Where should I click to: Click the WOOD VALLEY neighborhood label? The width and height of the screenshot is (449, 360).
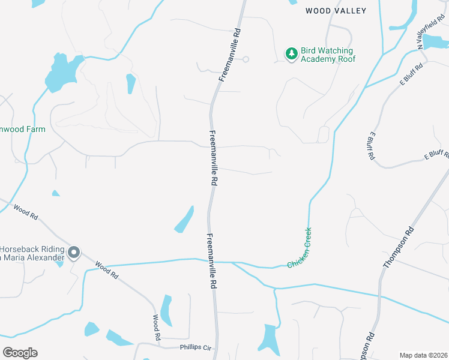(x=336, y=11)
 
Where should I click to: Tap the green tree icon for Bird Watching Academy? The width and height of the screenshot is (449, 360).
(x=291, y=55)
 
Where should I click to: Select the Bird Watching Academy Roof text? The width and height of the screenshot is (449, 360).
(x=328, y=55)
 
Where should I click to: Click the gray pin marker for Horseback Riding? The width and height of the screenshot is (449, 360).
(x=73, y=253)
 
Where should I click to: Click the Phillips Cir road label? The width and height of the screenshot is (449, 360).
(x=196, y=347)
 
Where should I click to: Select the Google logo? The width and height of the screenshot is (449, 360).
(x=20, y=353)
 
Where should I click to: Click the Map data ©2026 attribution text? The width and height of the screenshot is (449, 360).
(x=423, y=355)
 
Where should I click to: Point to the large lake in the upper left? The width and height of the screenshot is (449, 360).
(x=62, y=71)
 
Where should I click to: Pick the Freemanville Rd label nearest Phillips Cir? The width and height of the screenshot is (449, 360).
(x=211, y=262)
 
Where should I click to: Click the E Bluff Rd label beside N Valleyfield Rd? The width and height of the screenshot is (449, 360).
(x=412, y=73)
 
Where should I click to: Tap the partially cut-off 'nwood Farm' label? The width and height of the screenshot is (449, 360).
(x=23, y=129)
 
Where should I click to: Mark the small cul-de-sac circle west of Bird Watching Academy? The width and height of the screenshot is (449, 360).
(x=246, y=59)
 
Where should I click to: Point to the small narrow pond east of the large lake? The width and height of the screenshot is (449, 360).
(x=131, y=84)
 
